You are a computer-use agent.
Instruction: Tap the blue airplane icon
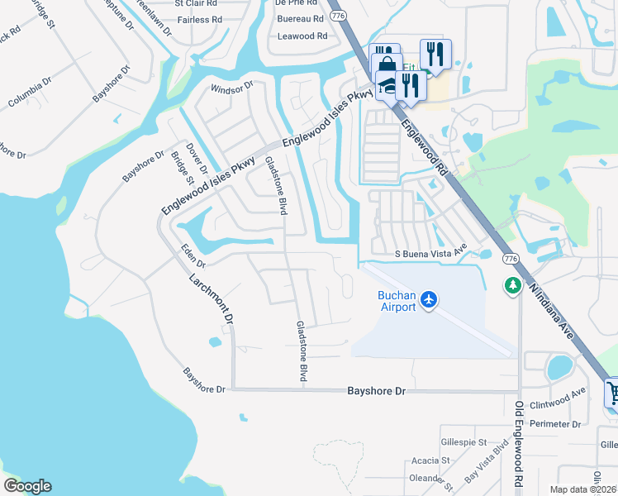point(428,298)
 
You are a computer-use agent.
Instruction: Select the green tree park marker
point(512,285)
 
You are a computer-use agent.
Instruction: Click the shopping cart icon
point(612,392)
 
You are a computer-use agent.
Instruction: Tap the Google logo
point(27,486)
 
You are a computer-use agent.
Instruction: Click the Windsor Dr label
point(231,88)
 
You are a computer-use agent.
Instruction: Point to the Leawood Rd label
point(302,36)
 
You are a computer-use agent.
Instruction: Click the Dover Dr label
point(195,157)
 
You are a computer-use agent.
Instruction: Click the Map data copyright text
point(582,489)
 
